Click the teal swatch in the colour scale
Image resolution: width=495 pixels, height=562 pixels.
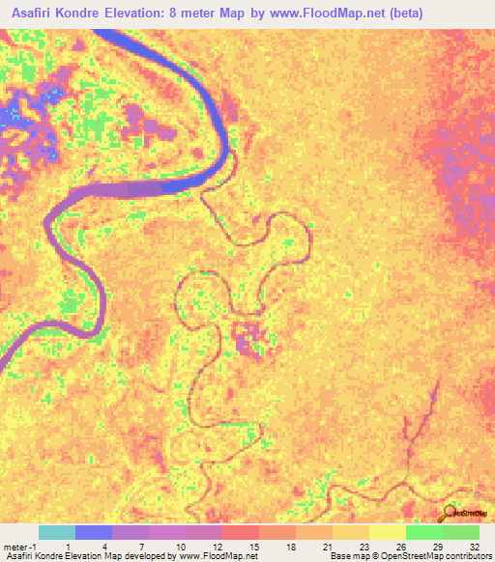(57, 532)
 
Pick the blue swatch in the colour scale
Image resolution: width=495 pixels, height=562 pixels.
(94, 532)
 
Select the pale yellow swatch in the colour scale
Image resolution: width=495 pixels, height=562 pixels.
(387, 532)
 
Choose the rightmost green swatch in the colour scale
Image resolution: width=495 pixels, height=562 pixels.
(460, 532)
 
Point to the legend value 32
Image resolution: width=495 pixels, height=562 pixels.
(474, 547)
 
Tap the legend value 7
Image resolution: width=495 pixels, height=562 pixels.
(143, 547)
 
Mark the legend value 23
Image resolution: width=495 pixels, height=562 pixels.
(363, 547)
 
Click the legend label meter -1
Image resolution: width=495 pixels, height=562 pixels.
(19, 547)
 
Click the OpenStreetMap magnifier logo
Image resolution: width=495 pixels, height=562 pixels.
(451, 513)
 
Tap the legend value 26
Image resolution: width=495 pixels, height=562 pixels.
(399, 547)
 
